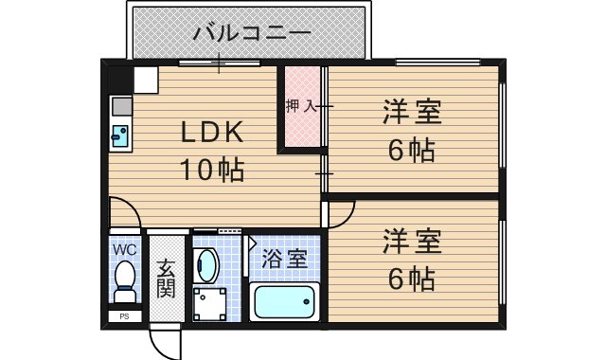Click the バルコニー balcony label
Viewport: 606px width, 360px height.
pyautogui.click(x=252, y=34)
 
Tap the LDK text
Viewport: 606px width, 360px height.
pyautogui.click(x=213, y=133)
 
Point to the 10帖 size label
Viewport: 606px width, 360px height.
pyautogui.click(x=213, y=171)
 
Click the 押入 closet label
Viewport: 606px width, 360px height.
pyautogui.click(x=302, y=106)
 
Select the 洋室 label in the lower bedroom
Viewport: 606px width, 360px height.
pyautogui.click(x=412, y=242)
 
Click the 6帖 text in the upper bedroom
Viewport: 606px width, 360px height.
pyautogui.click(x=412, y=152)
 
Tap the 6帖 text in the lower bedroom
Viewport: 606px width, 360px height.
pyautogui.click(x=412, y=279)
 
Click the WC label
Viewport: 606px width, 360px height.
pyautogui.click(x=124, y=249)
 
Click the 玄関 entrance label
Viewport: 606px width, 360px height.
pyautogui.click(x=167, y=278)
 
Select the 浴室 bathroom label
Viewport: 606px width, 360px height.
pyautogui.click(x=283, y=258)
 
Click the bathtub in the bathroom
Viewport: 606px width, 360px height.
pyautogui.click(x=285, y=305)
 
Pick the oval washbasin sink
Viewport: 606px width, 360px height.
pyautogui.click(x=207, y=266)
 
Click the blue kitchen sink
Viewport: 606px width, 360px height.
pyautogui.click(x=121, y=135)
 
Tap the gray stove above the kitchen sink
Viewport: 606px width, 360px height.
pyautogui.click(x=121, y=107)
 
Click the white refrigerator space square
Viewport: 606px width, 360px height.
pyautogui.click(x=145, y=80)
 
